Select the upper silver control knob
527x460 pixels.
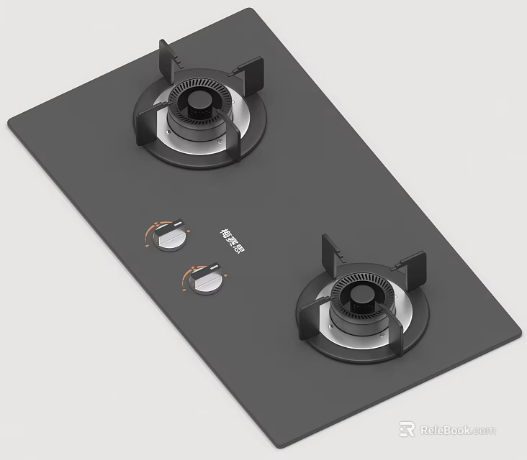(171, 237)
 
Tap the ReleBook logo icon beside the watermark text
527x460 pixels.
(407, 429)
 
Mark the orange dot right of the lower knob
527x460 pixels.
(225, 275)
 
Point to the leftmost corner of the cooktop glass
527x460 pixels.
(9, 123)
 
